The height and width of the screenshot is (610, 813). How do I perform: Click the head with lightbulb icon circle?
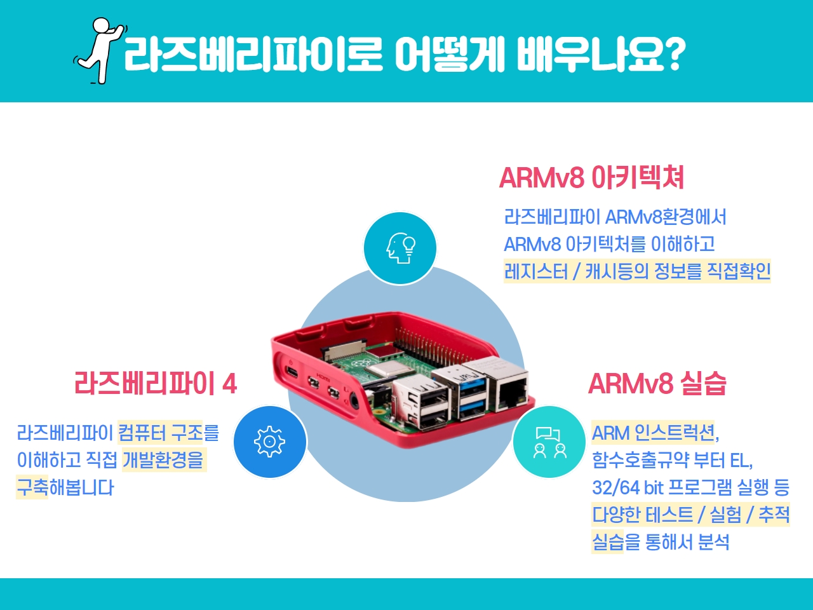pos(400,248)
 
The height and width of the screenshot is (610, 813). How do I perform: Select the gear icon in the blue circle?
pos(270,442)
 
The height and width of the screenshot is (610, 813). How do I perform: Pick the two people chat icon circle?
pos(549,442)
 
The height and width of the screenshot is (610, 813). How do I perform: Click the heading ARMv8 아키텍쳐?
pos(591,178)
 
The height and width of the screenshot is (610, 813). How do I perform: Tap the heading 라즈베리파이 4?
pos(156,383)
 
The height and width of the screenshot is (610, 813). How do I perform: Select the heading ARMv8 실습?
pos(657,383)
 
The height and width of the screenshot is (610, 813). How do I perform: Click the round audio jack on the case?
pos(354,402)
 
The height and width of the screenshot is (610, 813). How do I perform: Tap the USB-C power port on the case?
pos(292,372)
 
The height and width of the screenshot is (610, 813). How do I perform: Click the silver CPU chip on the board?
pos(384,369)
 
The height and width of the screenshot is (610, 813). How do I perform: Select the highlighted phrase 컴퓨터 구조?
pos(161,432)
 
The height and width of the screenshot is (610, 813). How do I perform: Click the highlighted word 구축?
pos(32,487)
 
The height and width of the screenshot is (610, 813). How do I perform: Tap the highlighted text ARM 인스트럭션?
pos(652,433)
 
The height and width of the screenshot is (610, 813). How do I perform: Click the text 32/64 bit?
pos(626,487)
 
